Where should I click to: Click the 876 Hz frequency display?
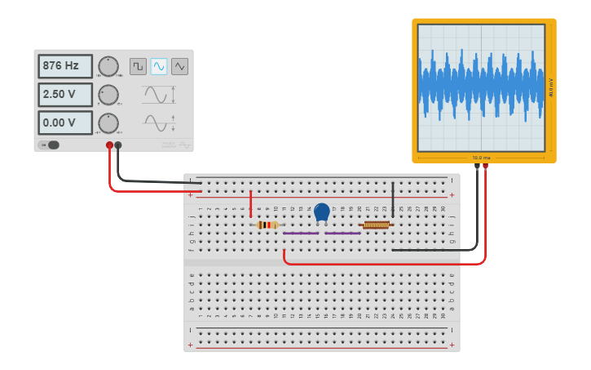pyautogui.click(x=65, y=66)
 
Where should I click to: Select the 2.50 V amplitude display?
pyautogui.click(x=65, y=95)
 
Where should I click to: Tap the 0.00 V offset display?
pyautogui.click(x=65, y=123)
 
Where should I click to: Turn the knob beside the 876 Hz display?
pyautogui.click(x=108, y=66)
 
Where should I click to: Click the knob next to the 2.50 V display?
pyautogui.click(x=108, y=95)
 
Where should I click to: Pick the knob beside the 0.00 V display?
pyautogui.click(x=108, y=123)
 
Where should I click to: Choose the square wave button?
pyautogui.click(x=138, y=66)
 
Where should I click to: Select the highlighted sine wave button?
pyautogui.click(x=159, y=66)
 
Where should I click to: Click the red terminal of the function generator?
pyautogui.click(x=109, y=145)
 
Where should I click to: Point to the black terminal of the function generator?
pyautogui.click(x=118, y=145)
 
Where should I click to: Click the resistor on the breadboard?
pyautogui.click(x=267, y=225)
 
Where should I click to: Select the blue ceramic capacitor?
pyautogui.click(x=322, y=212)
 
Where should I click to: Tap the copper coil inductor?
pyautogui.click(x=376, y=225)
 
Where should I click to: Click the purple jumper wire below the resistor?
pyautogui.click(x=301, y=234)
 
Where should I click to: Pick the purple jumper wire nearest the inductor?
pyautogui.click(x=342, y=234)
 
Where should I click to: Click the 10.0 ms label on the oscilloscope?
pyautogui.click(x=481, y=157)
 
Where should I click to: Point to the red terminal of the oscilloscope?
pyautogui.click(x=486, y=166)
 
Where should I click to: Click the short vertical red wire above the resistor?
pyautogui.click(x=250, y=204)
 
